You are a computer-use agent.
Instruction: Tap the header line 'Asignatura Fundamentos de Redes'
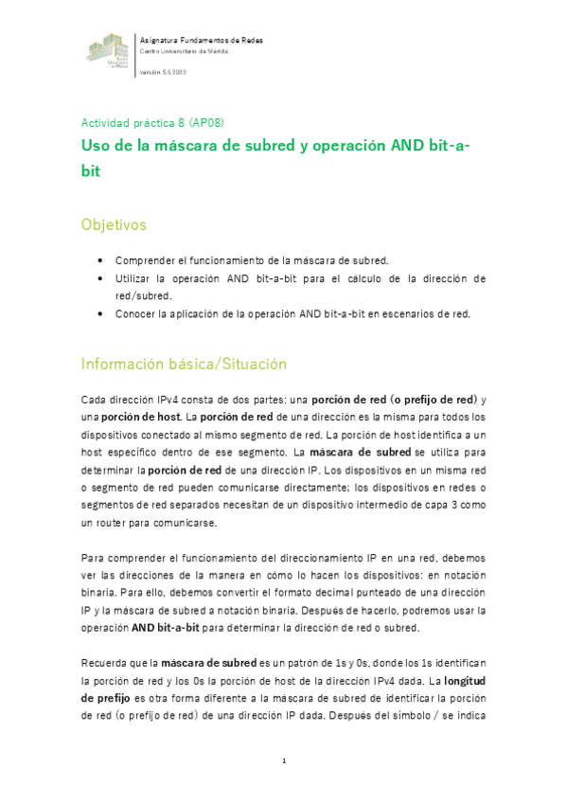(x=201, y=40)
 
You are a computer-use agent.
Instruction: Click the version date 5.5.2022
(x=173, y=72)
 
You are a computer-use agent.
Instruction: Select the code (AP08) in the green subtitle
(x=206, y=123)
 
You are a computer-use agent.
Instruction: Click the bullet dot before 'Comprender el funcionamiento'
(x=100, y=259)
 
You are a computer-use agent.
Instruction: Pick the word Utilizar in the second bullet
(x=133, y=278)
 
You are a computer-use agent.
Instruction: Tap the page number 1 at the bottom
(x=283, y=760)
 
